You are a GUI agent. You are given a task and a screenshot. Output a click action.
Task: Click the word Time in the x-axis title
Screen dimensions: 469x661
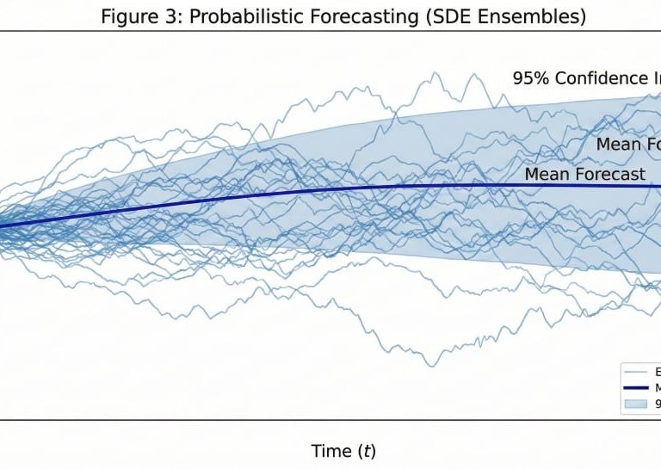[330, 451]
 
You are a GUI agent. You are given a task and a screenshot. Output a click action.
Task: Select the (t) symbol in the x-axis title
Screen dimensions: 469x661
[365, 451]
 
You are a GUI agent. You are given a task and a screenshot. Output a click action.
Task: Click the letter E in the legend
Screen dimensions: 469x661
[658, 373]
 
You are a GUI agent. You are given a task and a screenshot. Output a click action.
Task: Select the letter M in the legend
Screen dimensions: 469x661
[658, 387]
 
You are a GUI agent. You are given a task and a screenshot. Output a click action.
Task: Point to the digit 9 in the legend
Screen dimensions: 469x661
[658, 402]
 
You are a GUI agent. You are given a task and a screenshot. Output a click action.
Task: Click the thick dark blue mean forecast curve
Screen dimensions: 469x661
[258, 195]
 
